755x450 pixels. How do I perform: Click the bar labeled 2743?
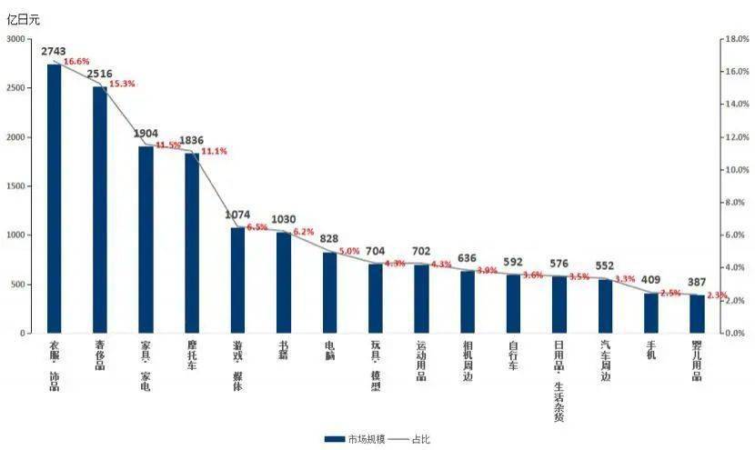pyautogui.click(x=54, y=198)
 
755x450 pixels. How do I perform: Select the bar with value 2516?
pyautogui.click(x=99, y=209)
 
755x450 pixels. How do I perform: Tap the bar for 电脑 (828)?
pyautogui.click(x=329, y=292)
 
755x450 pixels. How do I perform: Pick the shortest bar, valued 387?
pyautogui.click(x=696, y=314)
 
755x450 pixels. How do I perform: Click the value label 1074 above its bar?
pyautogui.click(x=237, y=215)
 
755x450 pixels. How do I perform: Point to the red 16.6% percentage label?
pyautogui.click(x=76, y=62)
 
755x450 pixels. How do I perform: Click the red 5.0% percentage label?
pyautogui.click(x=349, y=252)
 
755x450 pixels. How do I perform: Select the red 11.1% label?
pyautogui.click(x=214, y=152)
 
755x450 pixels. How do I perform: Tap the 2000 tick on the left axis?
pyautogui.click(x=16, y=137)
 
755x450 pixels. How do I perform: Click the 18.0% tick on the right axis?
pyautogui.click(x=734, y=39)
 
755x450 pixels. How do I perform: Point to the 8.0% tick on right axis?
pyautogui.click(x=733, y=203)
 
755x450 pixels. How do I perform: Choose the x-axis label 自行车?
pyautogui.click(x=513, y=356)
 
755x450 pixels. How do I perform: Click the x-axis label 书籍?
pyautogui.click(x=284, y=351)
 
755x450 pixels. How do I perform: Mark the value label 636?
pyautogui.click(x=467, y=259)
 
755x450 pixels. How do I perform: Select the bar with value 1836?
pyautogui.click(x=191, y=243)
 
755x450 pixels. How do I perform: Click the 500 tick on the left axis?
pyautogui.click(x=19, y=285)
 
